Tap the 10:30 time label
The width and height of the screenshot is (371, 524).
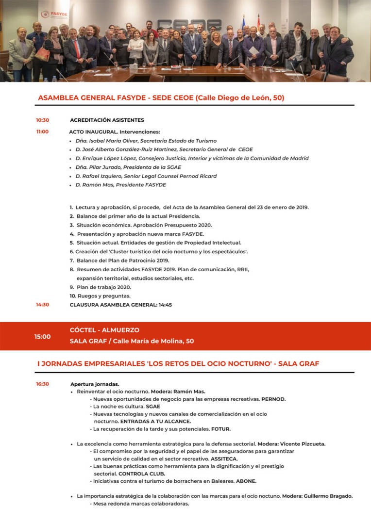pyautogui.click(x=42, y=120)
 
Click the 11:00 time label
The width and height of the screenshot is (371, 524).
pyautogui.click(x=42, y=131)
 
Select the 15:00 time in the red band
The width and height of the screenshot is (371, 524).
pyautogui.click(x=42, y=336)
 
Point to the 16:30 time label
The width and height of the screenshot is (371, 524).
pyautogui.click(x=42, y=384)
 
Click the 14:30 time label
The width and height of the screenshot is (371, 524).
pyautogui.click(x=42, y=305)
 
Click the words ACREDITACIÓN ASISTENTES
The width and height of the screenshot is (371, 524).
pyautogui.click(x=107, y=120)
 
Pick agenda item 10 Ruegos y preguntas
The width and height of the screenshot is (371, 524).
pyautogui.click(x=100, y=296)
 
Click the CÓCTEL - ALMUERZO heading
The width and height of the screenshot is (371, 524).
pyautogui.click(x=104, y=330)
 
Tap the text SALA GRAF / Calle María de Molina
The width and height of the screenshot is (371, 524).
pyautogui.click(x=132, y=341)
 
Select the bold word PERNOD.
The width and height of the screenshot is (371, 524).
pyautogui.click(x=273, y=399)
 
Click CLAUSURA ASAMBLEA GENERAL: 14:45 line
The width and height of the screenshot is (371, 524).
pyautogui.click(x=120, y=305)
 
